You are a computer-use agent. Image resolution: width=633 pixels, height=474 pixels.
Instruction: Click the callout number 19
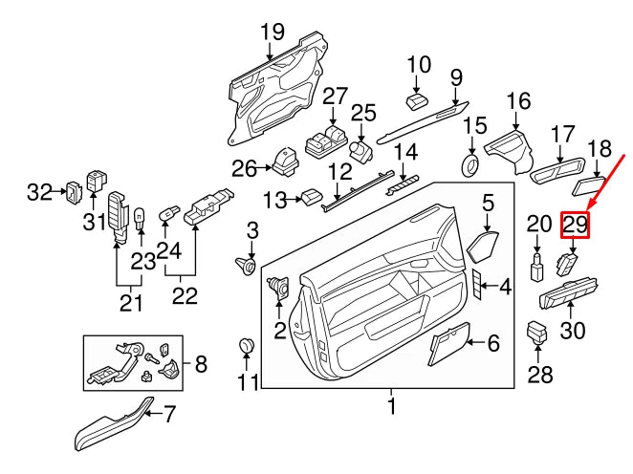pos(273,32)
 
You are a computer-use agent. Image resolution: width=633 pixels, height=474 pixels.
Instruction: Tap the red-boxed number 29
pos(575,226)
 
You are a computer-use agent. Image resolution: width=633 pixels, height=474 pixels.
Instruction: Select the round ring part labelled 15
pos(470,165)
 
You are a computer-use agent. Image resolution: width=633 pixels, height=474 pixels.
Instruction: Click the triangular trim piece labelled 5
pos(484,248)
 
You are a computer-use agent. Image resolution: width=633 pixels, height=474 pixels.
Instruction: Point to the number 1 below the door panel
pos(391,408)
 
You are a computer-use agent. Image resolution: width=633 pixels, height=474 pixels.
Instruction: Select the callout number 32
pos(39,192)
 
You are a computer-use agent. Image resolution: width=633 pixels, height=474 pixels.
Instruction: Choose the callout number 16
pos(518,102)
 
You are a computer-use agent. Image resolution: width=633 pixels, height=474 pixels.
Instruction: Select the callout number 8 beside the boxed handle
pos(200,364)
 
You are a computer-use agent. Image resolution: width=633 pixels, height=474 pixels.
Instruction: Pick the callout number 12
pos(339,173)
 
